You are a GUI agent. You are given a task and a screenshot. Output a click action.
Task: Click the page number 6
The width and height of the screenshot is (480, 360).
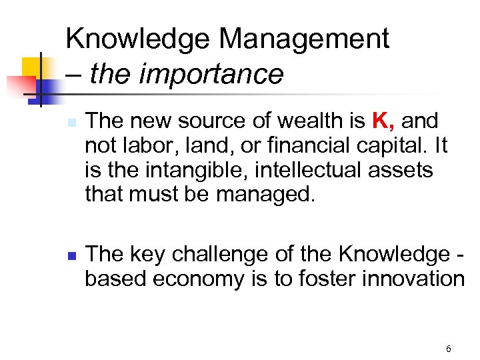[448, 349]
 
